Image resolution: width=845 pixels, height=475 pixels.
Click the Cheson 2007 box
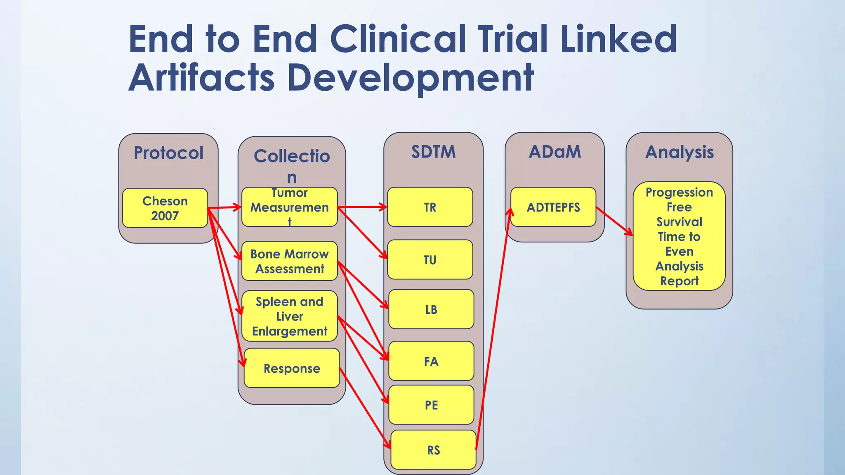coord(165,208)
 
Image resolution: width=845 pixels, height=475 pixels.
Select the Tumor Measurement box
coord(289,207)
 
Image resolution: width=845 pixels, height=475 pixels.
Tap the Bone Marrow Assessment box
coord(289,261)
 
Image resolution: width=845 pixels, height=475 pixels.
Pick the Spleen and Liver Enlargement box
coord(289,316)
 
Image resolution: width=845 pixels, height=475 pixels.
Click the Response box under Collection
coord(292,368)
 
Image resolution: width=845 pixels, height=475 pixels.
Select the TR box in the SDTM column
coord(430,207)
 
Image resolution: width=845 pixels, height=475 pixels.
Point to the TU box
coord(430,260)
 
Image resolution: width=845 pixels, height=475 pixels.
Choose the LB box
coord(431,309)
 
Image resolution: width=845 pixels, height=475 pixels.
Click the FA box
coord(431,361)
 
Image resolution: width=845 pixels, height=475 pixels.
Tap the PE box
coord(431,405)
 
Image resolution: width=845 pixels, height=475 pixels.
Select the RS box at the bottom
coord(433,450)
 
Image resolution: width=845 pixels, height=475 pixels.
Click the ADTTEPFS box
coord(553,207)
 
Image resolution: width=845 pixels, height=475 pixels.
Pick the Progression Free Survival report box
coord(679,236)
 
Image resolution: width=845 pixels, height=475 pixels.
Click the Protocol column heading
coord(168,153)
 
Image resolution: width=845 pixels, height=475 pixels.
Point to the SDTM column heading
coord(433,152)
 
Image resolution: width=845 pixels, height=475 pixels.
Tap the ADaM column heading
coord(555,152)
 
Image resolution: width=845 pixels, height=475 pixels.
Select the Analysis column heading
coord(679,152)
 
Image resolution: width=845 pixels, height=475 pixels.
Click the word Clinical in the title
coord(398,39)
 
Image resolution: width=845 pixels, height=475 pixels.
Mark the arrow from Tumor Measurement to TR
coord(362,207)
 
